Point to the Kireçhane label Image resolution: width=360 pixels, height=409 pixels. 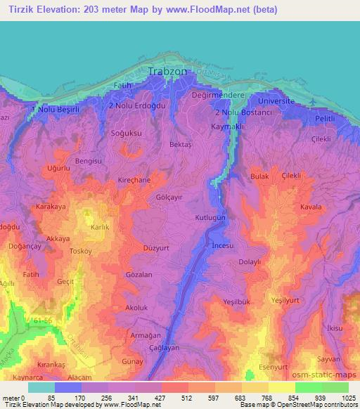[134, 180]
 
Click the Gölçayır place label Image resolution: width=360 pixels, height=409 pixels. [169, 198]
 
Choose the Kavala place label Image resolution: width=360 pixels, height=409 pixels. [311, 207]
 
